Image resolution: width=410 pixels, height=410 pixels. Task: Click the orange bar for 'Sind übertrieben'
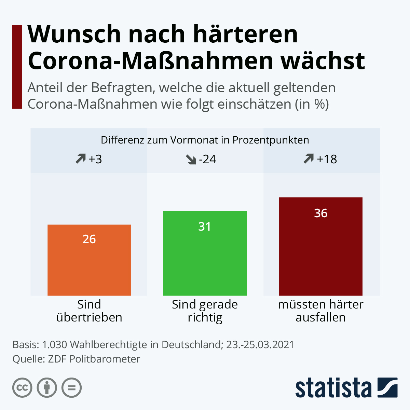[89, 266]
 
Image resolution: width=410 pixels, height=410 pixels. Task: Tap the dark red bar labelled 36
[320, 256]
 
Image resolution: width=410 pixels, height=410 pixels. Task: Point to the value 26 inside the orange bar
[89, 239]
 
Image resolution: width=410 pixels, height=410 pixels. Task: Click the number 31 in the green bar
[205, 227]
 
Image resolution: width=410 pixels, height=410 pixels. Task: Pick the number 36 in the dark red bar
[320, 213]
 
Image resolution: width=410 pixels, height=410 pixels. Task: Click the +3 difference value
[95, 159]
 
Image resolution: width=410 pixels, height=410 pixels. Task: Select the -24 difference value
[207, 159]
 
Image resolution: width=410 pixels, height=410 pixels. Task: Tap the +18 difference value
[327, 159]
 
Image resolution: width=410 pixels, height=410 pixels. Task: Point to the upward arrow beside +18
[309, 159]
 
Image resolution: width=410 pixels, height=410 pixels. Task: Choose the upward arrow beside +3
[81, 159]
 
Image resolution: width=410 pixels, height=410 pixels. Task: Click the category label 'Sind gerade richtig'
[205, 311]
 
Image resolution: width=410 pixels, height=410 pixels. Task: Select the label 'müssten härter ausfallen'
[320, 311]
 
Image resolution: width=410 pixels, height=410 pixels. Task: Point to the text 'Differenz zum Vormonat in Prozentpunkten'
[205, 140]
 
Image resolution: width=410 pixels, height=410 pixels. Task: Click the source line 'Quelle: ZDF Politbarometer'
[76, 359]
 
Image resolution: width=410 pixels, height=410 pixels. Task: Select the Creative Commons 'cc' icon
[22, 388]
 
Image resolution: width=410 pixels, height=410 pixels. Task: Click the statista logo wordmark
[333, 388]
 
